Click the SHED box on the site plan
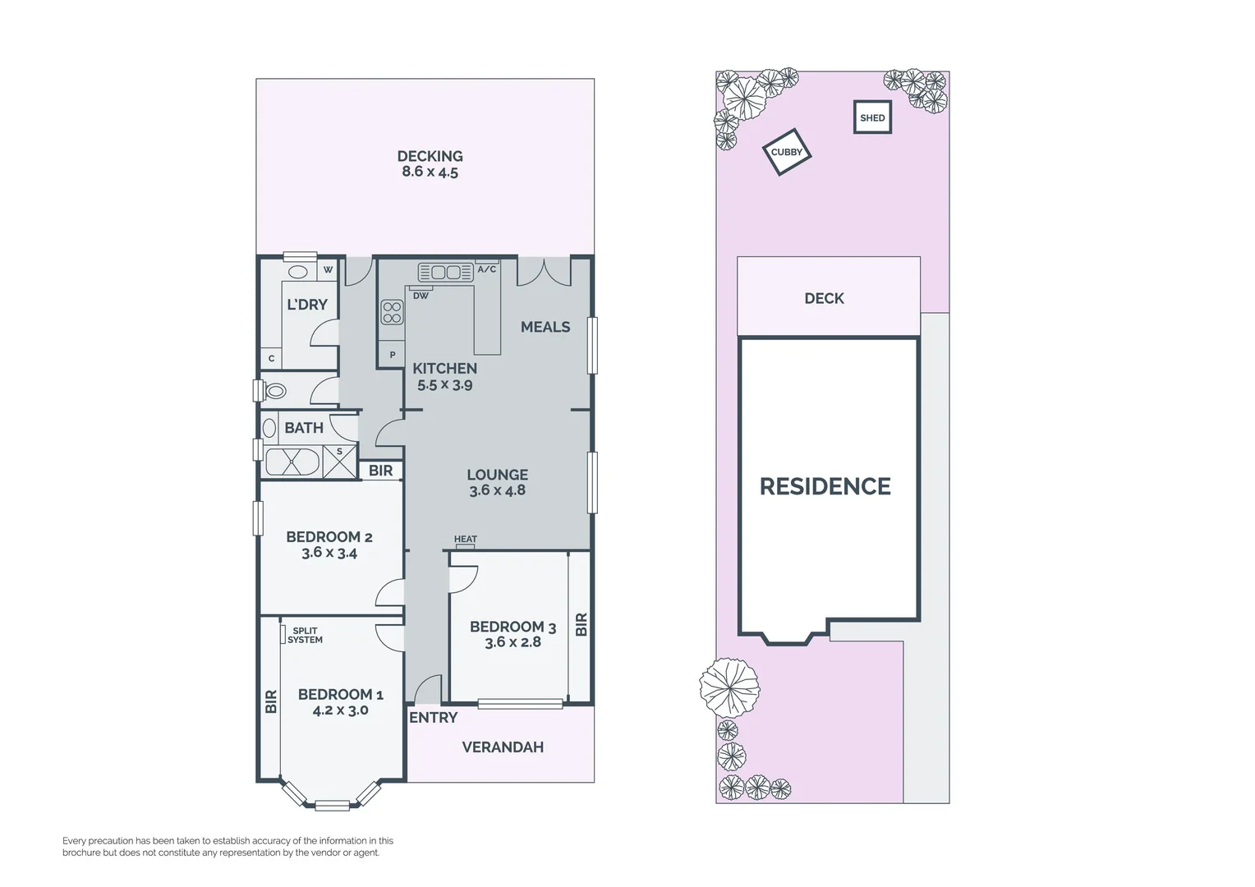(x=872, y=117)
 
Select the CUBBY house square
(x=787, y=152)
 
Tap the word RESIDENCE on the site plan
(x=825, y=487)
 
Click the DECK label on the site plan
(x=824, y=298)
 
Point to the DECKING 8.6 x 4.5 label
(x=430, y=163)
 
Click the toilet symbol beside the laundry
(x=275, y=391)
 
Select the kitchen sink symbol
(x=446, y=272)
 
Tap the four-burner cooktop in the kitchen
(x=392, y=312)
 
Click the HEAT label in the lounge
(x=465, y=540)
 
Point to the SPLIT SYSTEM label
(x=305, y=636)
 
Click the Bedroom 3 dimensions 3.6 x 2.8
(x=513, y=642)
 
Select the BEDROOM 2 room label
(x=329, y=537)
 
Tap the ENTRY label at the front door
(x=433, y=718)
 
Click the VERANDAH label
(x=503, y=747)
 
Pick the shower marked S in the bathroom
(x=339, y=461)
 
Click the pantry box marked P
(x=392, y=355)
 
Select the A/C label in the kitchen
(x=486, y=269)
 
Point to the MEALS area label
(x=545, y=327)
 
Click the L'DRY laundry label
(x=307, y=305)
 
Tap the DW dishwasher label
(x=421, y=296)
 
